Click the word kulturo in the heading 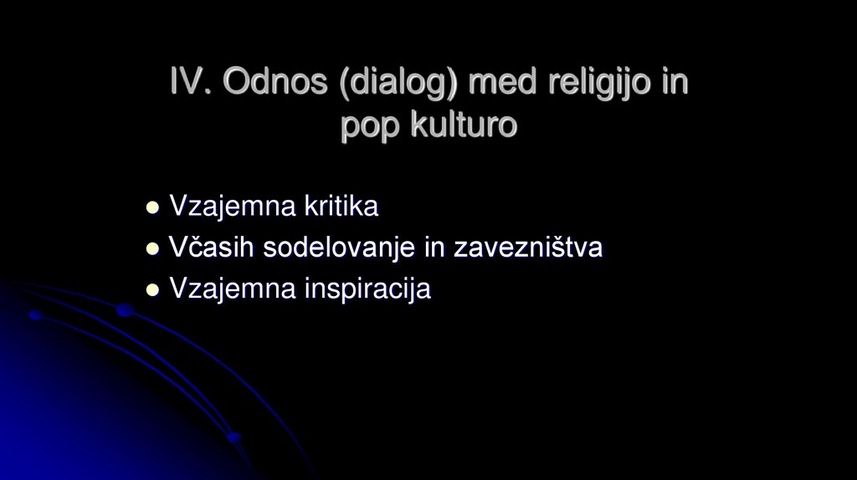pyautogui.click(x=464, y=125)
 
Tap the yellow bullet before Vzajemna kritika pyautogui.click(x=152, y=207)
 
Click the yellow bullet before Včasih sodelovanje pyautogui.click(x=152, y=248)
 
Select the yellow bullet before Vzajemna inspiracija pyautogui.click(x=152, y=290)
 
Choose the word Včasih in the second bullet pyautogui.click(x=213, y=248)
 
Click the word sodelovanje pyautogui.click(x=343, y=248)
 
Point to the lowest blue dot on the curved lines pyautogui.click(x=234, y=437)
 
